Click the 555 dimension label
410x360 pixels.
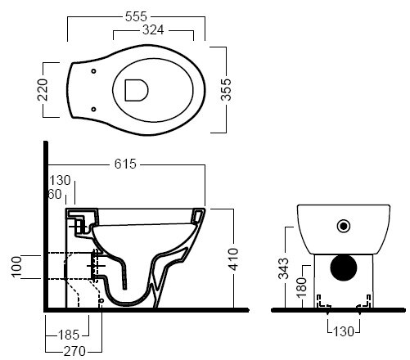pos(136,16)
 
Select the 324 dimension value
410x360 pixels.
pos(153,30)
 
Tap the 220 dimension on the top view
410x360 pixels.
pos(43,90)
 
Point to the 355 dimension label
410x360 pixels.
pos(226,90)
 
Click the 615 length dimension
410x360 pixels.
pos(125,164)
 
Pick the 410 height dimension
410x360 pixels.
pos(233,259)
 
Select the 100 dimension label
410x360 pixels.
pos(16,267)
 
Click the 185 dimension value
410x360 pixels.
pos(69,335)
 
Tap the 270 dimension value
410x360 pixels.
pos(74,351)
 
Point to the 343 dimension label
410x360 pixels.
pos(283,268)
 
